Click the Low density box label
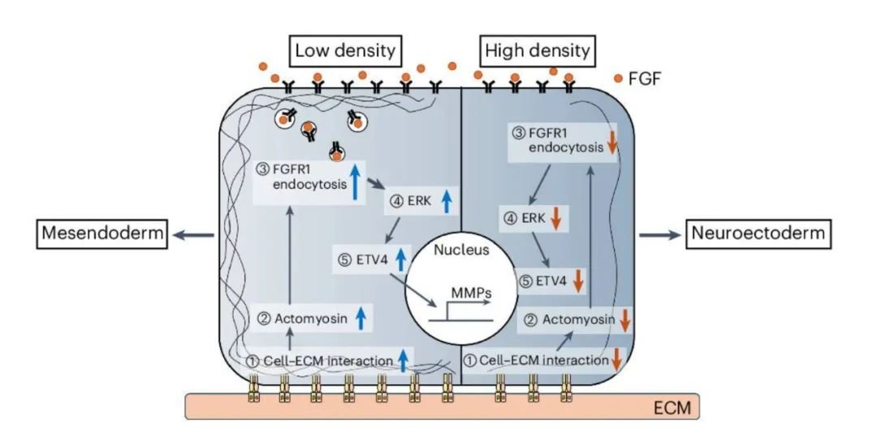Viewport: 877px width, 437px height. (345, 52)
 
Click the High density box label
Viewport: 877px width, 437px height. (536, 52)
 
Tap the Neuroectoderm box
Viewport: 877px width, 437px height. (758, 234)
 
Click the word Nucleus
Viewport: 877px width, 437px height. (460, 250)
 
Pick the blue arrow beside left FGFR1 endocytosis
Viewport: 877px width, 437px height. (355, 180)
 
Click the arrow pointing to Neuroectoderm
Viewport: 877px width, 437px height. (659, 234)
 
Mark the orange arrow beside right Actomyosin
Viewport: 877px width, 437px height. (625, 319)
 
